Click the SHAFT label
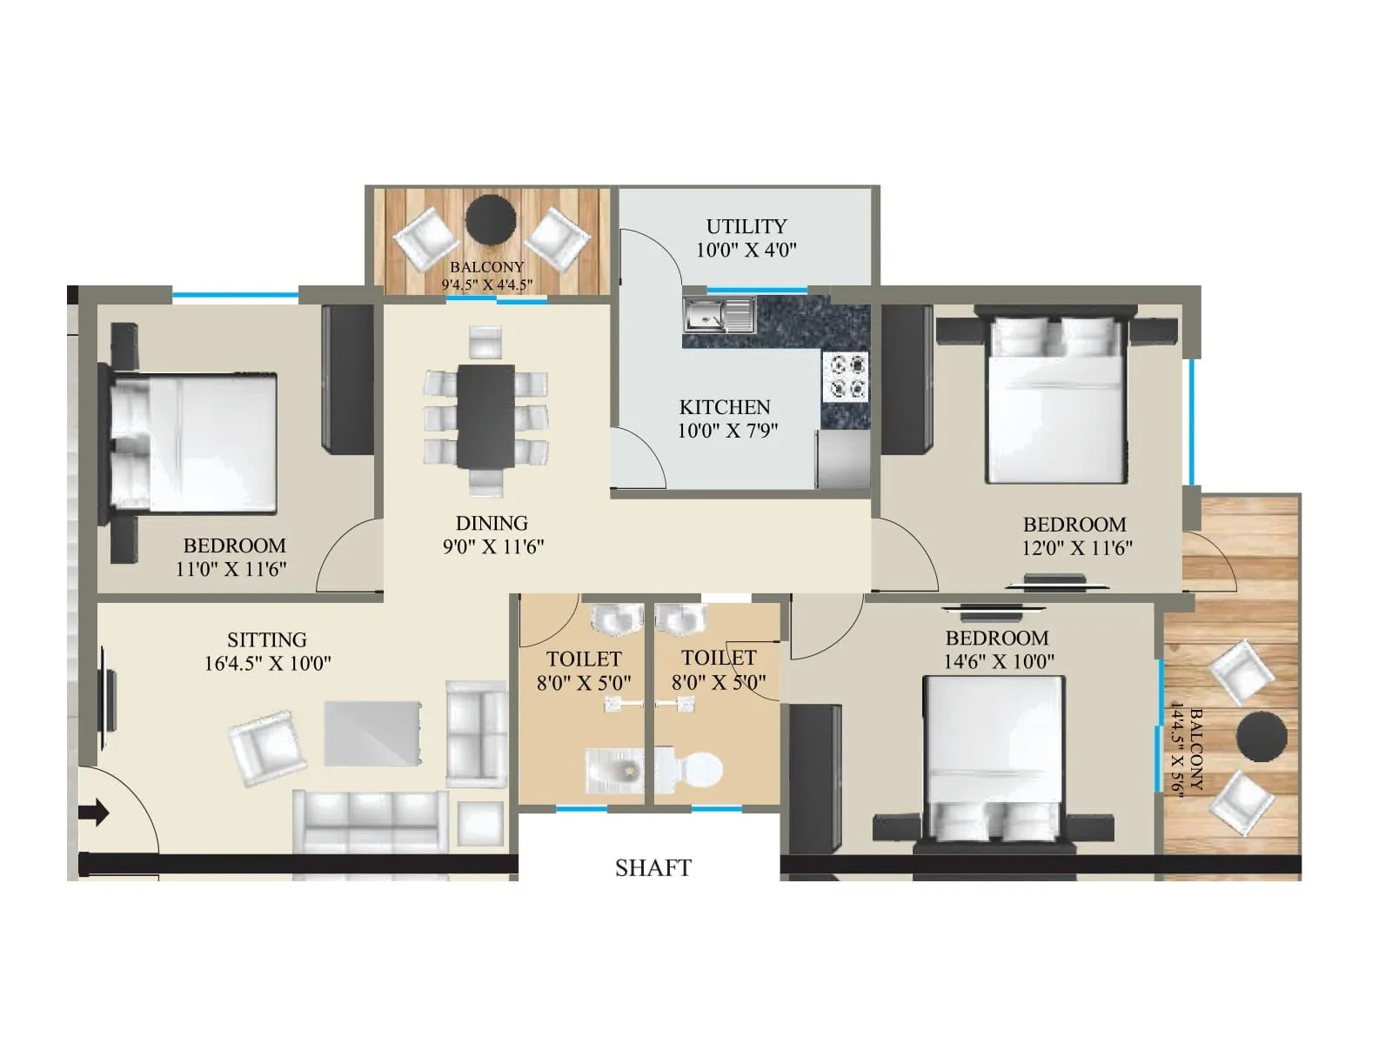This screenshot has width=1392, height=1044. [x=652, y=868]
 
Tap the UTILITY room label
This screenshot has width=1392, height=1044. [x=746, y=226]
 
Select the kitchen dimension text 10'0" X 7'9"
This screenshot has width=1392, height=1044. [x=727, y=430]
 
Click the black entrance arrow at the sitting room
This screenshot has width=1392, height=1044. [x=94, y=813]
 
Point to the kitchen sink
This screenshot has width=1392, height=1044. [x=719, y=315]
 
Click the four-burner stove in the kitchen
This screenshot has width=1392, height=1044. [x=846, y=377]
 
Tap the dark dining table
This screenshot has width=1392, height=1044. [x=485, y=416]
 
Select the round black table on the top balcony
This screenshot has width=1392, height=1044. [x=491, y=220]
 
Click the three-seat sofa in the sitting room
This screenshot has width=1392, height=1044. [x=371, y=822]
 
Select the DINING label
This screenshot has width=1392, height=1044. [x=492, y=523]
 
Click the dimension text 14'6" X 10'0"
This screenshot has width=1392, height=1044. [x=999, y=661]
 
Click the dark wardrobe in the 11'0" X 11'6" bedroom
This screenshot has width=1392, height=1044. [x=347, y=378]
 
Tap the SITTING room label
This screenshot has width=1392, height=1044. [x=267, y=639]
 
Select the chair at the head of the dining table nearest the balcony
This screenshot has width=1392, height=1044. [x=485, y=341]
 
